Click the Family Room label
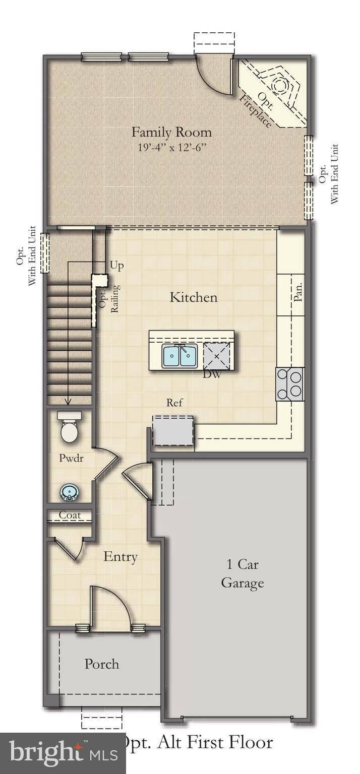click(171, 133)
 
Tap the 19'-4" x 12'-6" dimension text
click(171, 148)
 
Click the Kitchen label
click(193, 297)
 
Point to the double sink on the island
click(179, 356)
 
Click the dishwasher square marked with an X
click(217, 356)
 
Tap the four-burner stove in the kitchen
click(290, 384)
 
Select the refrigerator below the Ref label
click(173, 431)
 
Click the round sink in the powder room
click(69, 492)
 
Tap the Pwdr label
click(71, 459)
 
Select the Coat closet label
click(70, 515)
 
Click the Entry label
click(121, 557)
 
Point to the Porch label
click(102, 664)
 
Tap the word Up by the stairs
click(116, 266)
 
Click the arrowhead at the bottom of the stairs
click(68, 402)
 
